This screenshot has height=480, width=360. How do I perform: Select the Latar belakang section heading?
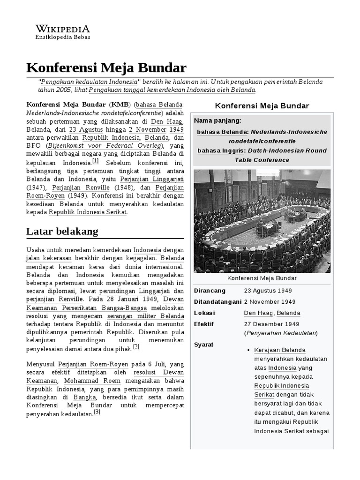pyautogui.click(x=62, y=231)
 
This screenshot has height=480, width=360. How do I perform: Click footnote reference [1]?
pyautogui.click(x=95, y=160)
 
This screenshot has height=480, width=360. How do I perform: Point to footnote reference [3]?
pyautogui.click(x=97, y=412)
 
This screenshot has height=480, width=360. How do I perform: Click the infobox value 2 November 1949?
pyautogui.click(x=270, y=302)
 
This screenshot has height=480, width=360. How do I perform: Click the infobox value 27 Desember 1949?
pyautogui.click(x=271, y=324)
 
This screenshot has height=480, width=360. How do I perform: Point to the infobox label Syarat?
pyautogui.click(x=204, y=345)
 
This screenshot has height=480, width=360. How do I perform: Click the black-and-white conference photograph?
pyautogui.click(x=262, y=221)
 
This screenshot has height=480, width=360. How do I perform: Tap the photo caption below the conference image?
pyautogui.click(x=262, y=278)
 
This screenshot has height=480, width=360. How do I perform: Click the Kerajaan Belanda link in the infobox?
pyautogui.click(x=280, y=350)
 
